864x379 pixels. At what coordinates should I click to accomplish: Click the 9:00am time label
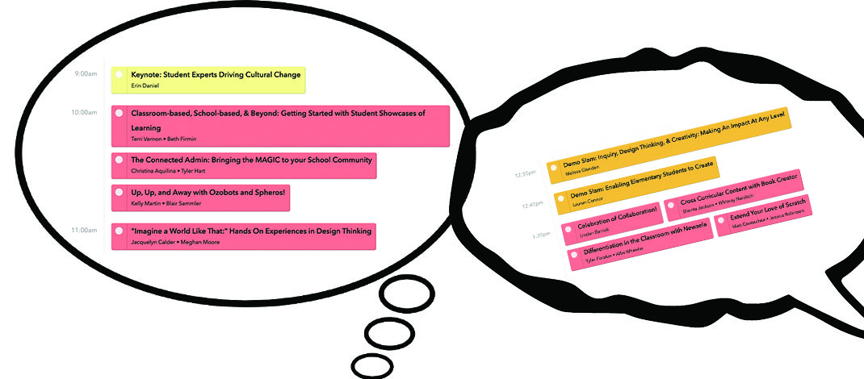point(86,73)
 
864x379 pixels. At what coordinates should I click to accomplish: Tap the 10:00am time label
point(84,112)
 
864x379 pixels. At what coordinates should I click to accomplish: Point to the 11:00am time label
point(84,230)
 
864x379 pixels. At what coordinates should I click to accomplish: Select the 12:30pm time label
point(526,173)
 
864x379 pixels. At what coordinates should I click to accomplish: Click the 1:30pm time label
point(540,235)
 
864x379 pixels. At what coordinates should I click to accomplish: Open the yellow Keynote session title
point(216,75)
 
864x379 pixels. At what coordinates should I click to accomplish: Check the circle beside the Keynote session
point(119,74)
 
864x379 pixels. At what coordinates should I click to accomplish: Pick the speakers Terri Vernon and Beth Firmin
point(163,139)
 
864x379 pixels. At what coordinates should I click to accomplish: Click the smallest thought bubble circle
point(372,364)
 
